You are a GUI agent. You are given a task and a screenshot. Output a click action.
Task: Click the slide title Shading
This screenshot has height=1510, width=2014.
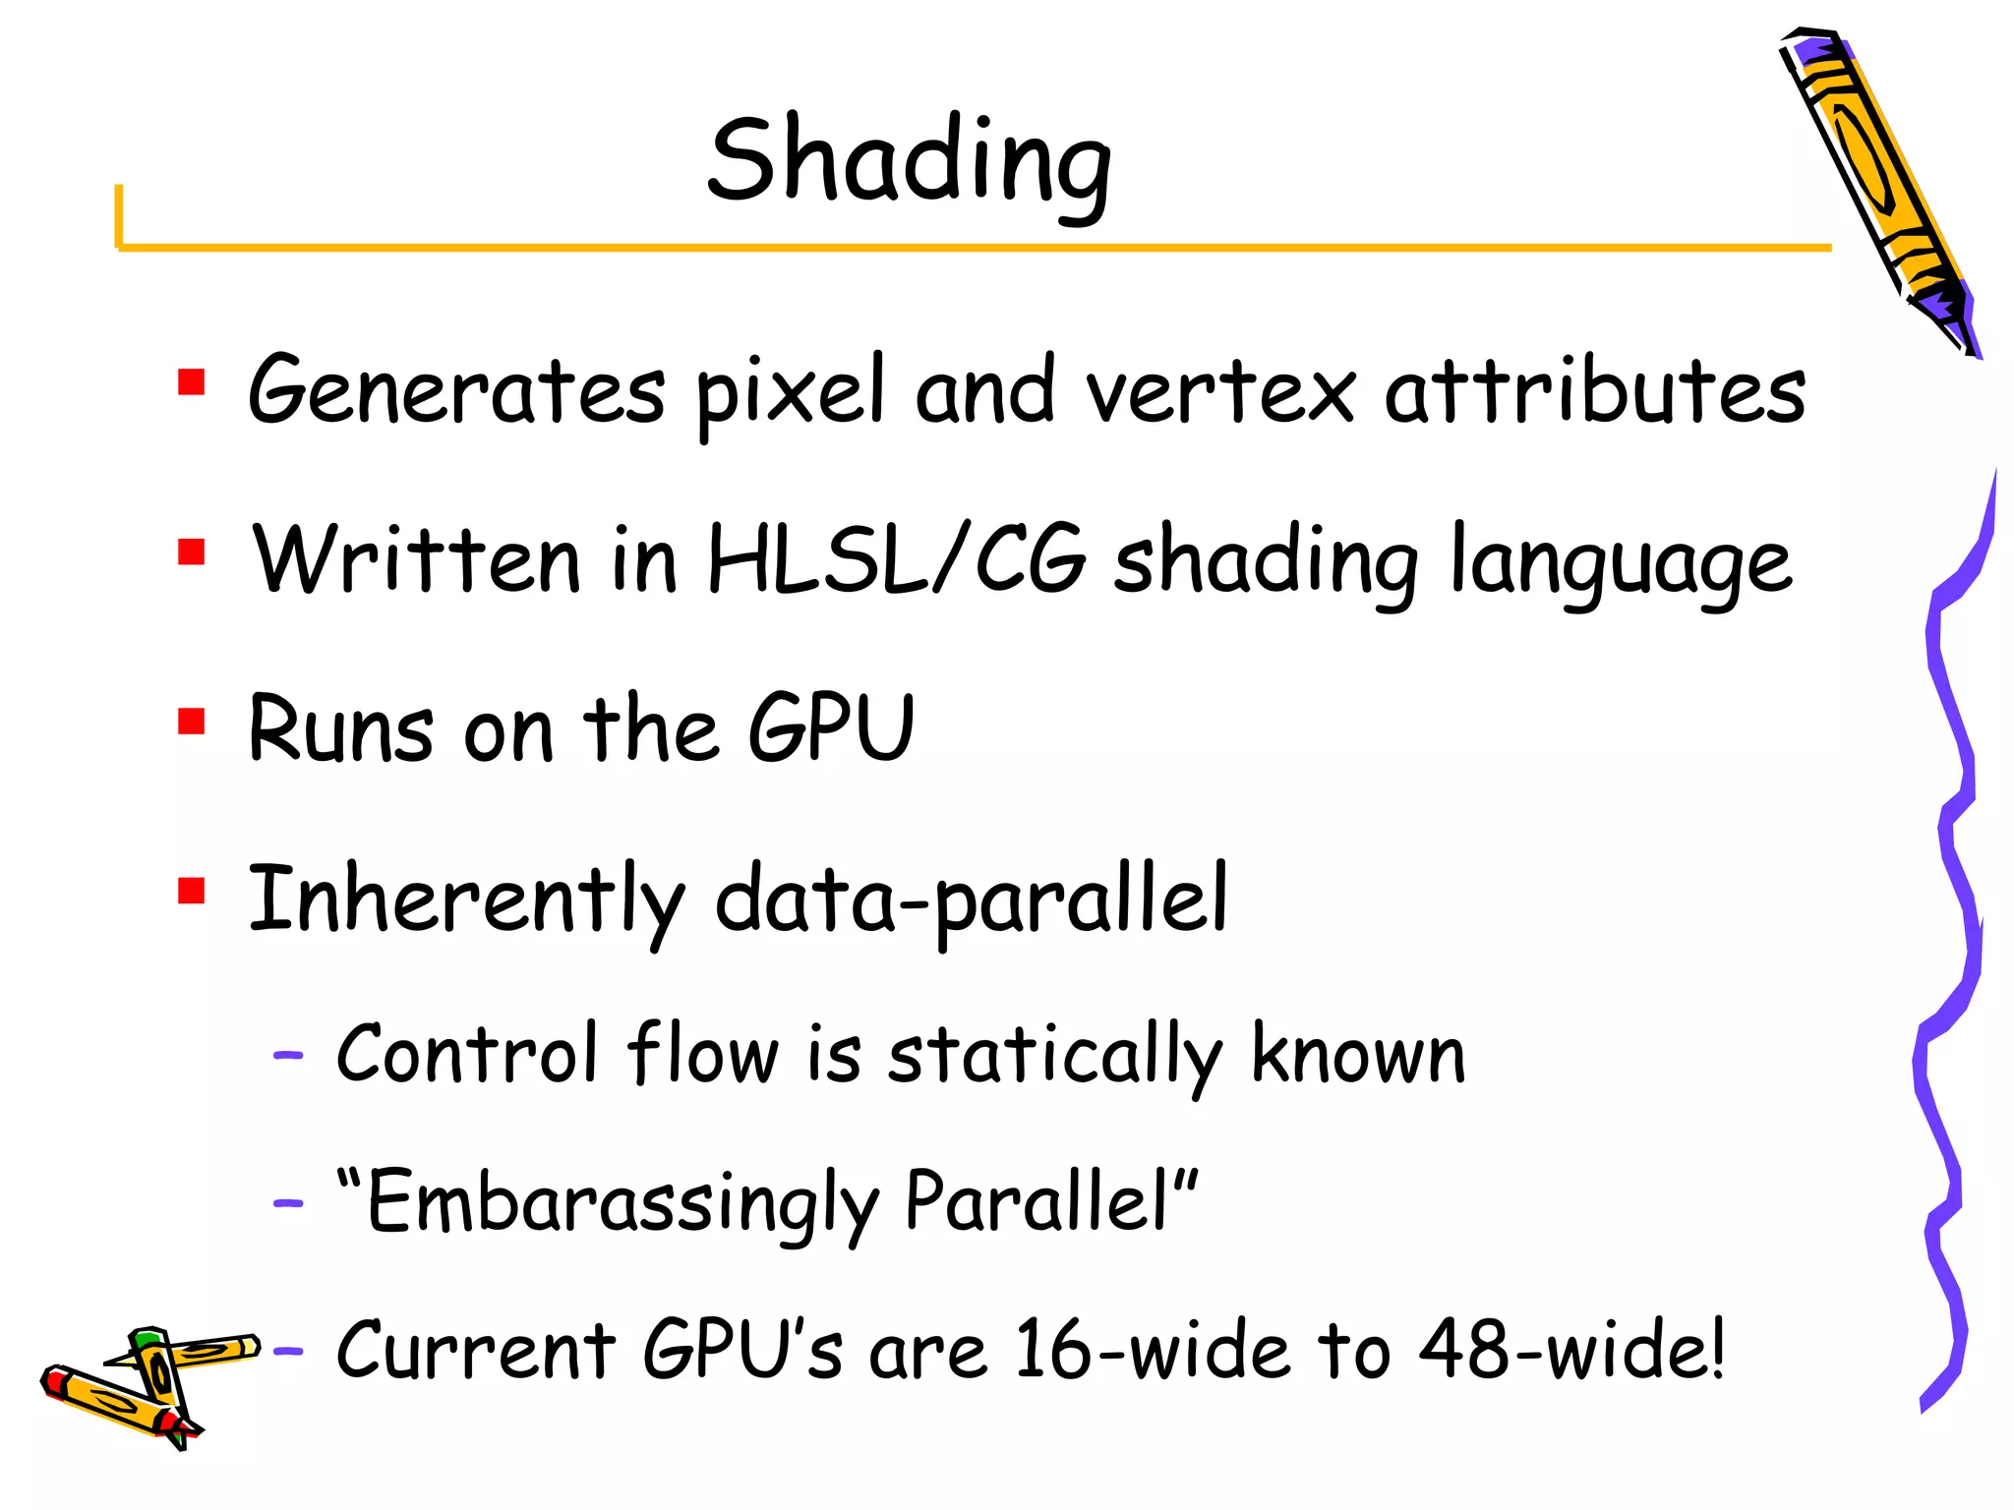(x=910, y=162)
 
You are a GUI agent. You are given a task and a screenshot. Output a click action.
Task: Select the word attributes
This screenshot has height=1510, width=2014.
(x=1594, y=391)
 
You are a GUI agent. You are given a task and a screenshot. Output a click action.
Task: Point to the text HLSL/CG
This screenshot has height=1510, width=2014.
(x=896, y=558)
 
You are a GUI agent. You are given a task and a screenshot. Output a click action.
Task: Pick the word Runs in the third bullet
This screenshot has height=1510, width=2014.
(x=340, y=729)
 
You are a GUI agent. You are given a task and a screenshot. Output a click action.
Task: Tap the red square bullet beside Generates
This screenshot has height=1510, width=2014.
(x=191, y=381)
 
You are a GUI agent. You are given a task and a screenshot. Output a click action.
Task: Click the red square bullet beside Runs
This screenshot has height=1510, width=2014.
(x=191, y=722)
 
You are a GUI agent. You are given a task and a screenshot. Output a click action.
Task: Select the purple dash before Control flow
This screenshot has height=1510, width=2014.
(x=288, y=1056)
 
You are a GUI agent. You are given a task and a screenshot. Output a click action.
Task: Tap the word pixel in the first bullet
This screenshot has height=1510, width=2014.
(x=790, y=391)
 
